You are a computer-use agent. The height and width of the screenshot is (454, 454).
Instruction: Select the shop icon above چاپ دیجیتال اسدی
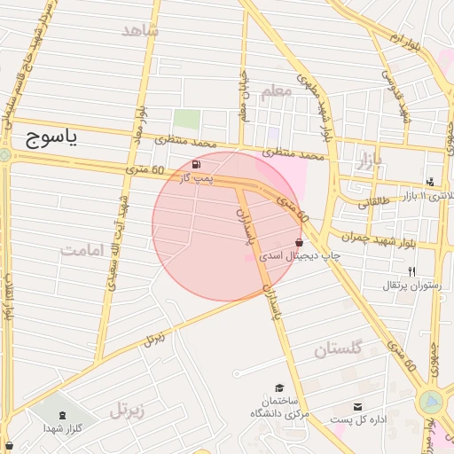click(x=298, y=241)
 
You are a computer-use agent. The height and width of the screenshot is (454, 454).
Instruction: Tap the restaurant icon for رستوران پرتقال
click(x=411, y=271)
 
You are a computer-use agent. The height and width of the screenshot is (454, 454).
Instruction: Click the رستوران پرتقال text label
click(x=411, y=285)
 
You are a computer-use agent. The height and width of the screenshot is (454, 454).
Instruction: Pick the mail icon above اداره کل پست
click(x=357, y=406)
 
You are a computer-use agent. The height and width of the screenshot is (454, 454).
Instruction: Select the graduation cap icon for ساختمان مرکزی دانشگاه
click(x=280, y=388)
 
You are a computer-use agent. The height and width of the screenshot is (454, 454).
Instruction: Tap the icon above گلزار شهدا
click(x=61, y=414)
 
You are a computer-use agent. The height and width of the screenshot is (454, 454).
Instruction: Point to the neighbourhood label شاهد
click(x=139, y=31)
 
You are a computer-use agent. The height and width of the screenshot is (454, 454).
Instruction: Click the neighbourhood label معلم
click(x=277, y=91)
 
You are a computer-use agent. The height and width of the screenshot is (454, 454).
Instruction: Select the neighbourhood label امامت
click(x=83, y=249)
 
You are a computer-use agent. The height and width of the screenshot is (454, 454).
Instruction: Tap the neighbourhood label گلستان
click(x=339, y=350)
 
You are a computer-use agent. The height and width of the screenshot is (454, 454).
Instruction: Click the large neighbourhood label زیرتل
click(x=127, y=410)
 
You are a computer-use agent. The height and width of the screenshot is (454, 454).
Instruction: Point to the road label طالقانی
click(x=374, y=202)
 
